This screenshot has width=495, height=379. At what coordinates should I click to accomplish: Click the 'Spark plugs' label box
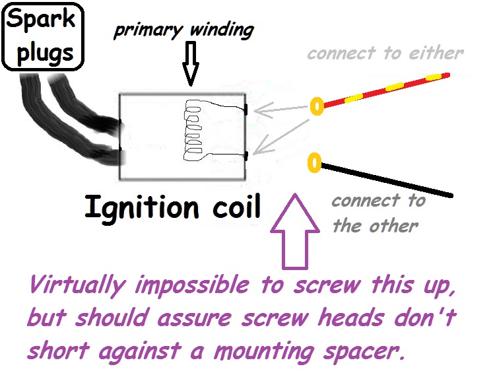click(x=42, y=36)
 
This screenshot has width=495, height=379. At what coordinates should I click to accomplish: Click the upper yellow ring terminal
click(x=316, y=105)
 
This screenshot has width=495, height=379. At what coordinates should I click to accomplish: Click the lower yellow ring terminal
click(x=315, y=161)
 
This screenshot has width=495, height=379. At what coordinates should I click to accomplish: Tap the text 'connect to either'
click(x=385, y=53)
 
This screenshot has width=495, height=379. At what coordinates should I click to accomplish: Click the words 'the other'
click(x=375, y=226)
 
